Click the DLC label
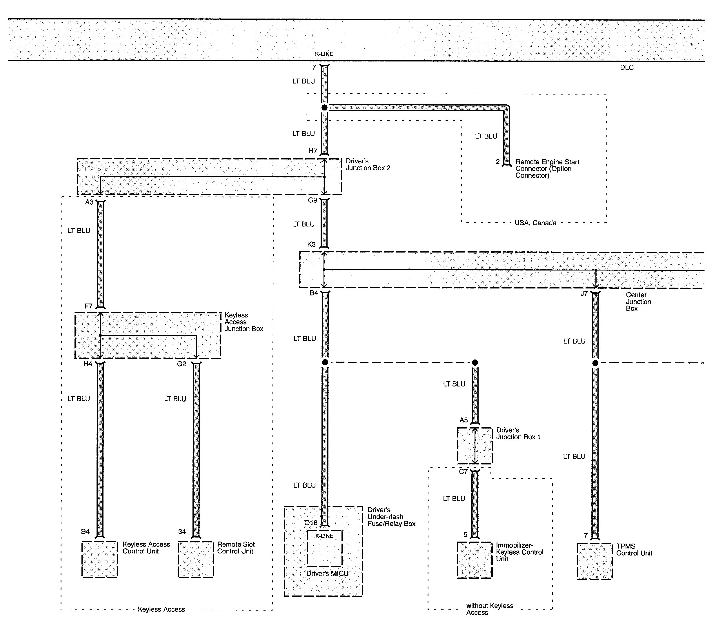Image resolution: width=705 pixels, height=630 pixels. (x=626, y=68)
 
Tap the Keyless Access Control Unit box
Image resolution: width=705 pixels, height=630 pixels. (x=100, y=559)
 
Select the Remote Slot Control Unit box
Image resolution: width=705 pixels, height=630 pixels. (x=196, y=559)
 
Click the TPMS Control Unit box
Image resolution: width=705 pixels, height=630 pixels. (x=595, y=561)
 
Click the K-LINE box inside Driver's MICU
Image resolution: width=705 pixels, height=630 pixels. (x=325, y=548)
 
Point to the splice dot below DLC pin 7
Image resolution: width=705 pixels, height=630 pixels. (x=324, y=108)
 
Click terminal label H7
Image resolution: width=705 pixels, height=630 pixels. (x=312, y=151)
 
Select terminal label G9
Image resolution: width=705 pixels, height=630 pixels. (x=312, y=200)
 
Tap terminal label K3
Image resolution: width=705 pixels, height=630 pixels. (x=312, y=244)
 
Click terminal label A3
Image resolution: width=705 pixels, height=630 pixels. (x=89, y=202)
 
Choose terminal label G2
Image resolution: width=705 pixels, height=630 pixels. (x=181, y=364)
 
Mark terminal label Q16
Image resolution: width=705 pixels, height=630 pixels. (x=310, y=523)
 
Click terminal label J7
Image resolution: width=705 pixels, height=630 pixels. (x=584, y=293)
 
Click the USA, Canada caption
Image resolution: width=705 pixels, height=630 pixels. (x=535, y=223)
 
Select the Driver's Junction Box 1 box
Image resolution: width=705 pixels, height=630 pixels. (x=475, y=446)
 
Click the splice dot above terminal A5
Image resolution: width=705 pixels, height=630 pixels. (x=475, y=362)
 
